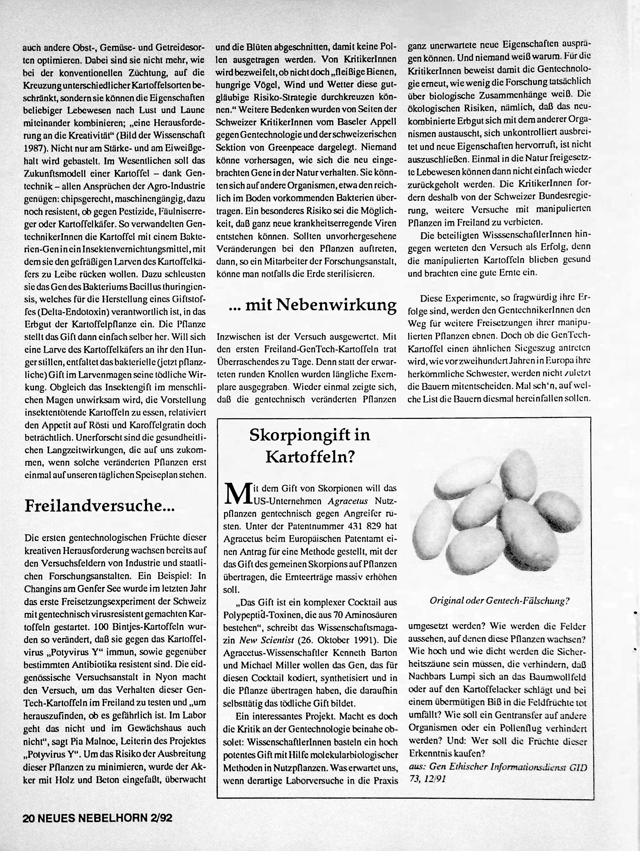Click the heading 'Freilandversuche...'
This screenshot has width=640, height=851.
pyautogui.click(x=99, y=506)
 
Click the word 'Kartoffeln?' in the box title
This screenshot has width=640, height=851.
pyautogui.click(x=309, y=457)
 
